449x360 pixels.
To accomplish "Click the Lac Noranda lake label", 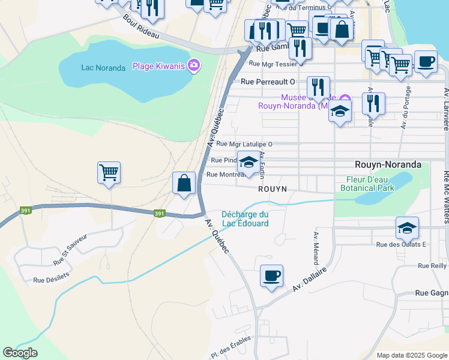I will [x=103, y=67].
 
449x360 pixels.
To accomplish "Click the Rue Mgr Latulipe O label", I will [x=244, y=144].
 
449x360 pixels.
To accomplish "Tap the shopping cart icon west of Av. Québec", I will [x=109, y=173].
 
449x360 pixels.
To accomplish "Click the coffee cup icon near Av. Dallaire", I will [x=271, y=275].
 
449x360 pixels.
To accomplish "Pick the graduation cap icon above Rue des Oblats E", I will [x=407, y=228].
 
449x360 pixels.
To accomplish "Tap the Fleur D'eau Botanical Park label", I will [x=370, y=184].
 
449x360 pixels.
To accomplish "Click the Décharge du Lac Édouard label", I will [x=244, y=219].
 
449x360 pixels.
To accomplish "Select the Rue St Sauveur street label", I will [x=70, y=250].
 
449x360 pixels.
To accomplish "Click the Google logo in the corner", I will [x=20, y=353].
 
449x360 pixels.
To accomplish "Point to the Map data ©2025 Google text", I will [x=411, y=355].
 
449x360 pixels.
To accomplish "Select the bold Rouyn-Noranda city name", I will [x=387, y=164].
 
